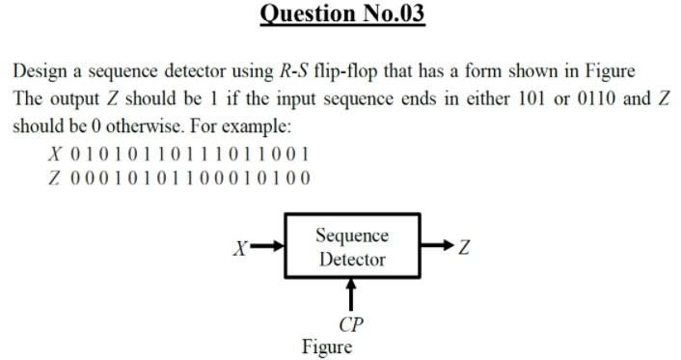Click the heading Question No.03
(x=341, y=16)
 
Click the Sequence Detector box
(x=352, y=246)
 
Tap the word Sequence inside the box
(x=352, y=235)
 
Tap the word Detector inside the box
(x=352, y=259)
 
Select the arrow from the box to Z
(x=436, y=246)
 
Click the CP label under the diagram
(x=352, y=323)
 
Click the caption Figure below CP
(x=327, y=346)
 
